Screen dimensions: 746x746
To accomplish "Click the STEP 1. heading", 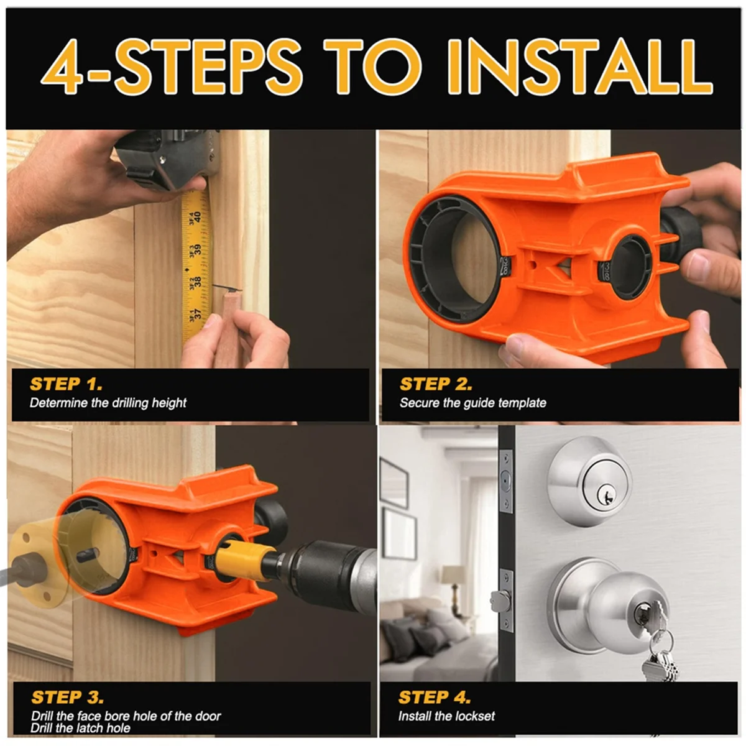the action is pyautogui.click(x=66, y=384).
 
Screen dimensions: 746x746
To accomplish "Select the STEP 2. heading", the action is pyautogui.click(x=436, y=384).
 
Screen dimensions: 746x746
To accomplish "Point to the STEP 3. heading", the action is pyautogui.click(x=67, y=698).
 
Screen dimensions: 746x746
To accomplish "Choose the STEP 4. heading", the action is pyautogui.click(x=435, y=698).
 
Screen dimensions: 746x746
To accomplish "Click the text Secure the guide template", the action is pyautogui.click(x=472, y=403).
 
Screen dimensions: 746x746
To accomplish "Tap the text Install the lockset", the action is pyautogui.click(x=446, y=716).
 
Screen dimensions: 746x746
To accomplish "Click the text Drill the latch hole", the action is pyautogui.click(x=80, y=728).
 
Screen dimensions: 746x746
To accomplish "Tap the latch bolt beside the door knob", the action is pyautogui.click(x=500, y=601).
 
